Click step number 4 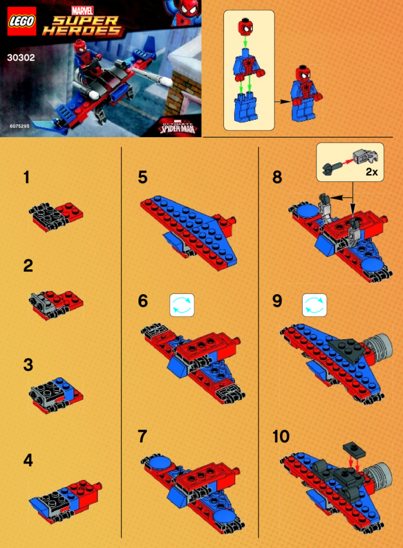[x=28, y=461]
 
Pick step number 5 [x=142, y=177]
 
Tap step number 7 [x=142, y=436]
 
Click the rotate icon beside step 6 [x=182, y=305]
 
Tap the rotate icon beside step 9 [x=314, y=305]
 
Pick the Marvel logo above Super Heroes [x=82, y=10]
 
